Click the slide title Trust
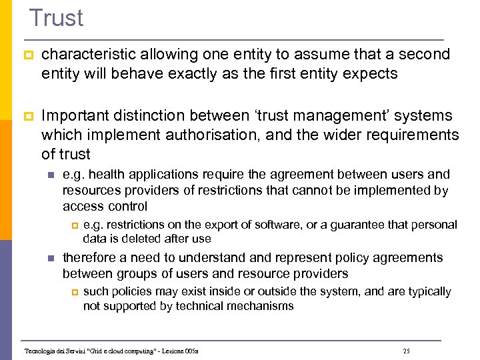pos(57,17)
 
